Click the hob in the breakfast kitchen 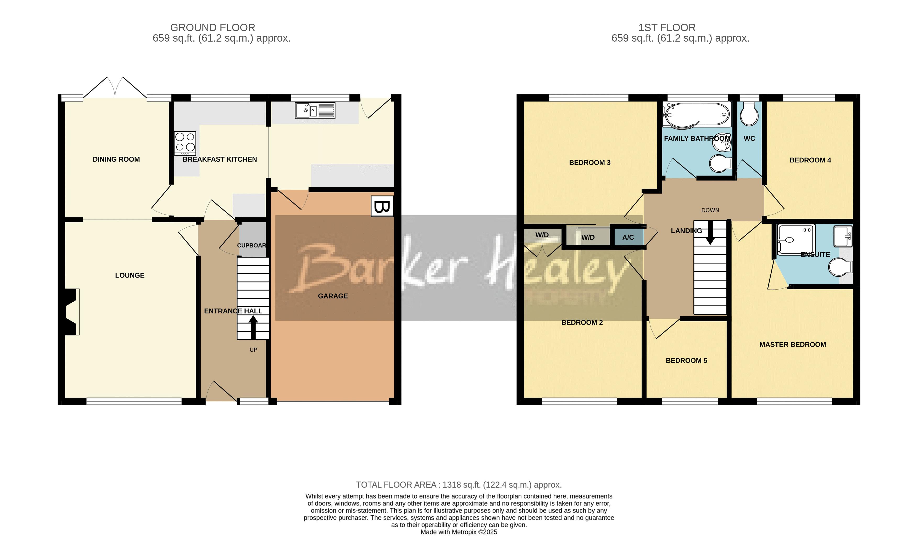[x=185, y=143]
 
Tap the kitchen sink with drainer [x=315, y=111]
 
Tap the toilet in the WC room [x=749, y=114]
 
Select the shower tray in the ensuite [x=796, y=239]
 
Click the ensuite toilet [x=840, y=268]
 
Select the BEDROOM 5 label [x=686, y=360]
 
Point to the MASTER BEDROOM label [x=792, y=345]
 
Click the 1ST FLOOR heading [x=667, y=28]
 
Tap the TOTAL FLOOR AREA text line [x=459, y=485]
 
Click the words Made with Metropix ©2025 [x=459, y=532]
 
